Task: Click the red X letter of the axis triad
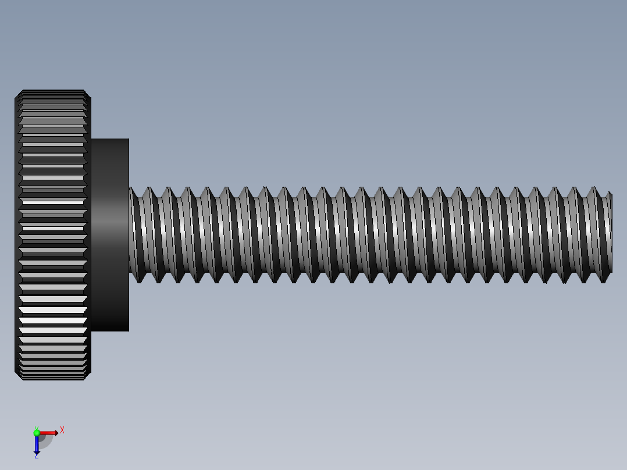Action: (62, 430)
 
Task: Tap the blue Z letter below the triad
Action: (36, 456)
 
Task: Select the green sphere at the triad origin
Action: (37, 433)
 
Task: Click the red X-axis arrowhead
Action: (56, 433)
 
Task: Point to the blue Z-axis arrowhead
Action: (37, 451)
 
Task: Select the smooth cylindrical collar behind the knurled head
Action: (109, 234)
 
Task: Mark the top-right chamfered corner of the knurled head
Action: (88, 94)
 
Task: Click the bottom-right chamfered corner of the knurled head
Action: (88, 376)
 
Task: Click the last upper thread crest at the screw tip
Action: (609, 193)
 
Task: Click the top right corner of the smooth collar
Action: (128, 140)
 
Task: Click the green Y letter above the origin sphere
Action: (36, 428)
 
